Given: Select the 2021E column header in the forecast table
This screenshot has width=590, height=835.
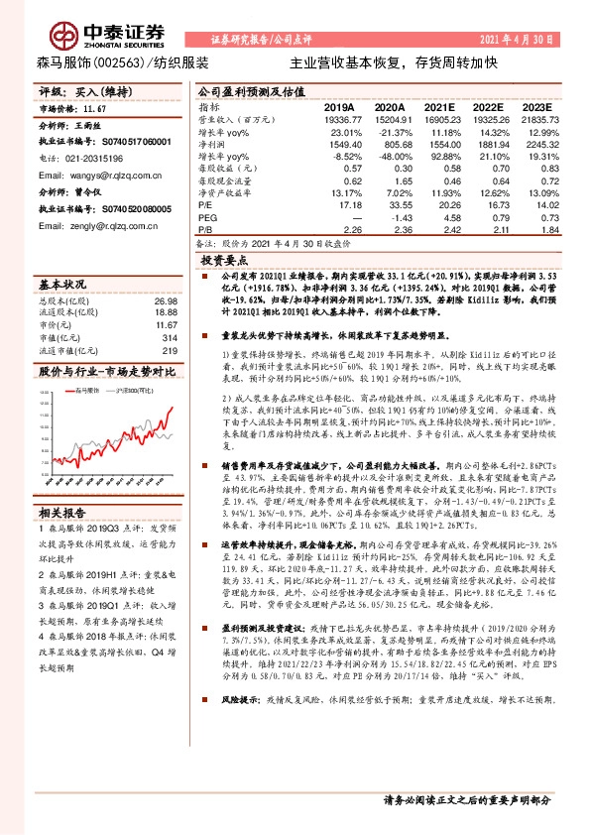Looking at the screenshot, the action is point(439,106).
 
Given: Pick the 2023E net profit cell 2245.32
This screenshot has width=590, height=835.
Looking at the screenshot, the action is point(531,144).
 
